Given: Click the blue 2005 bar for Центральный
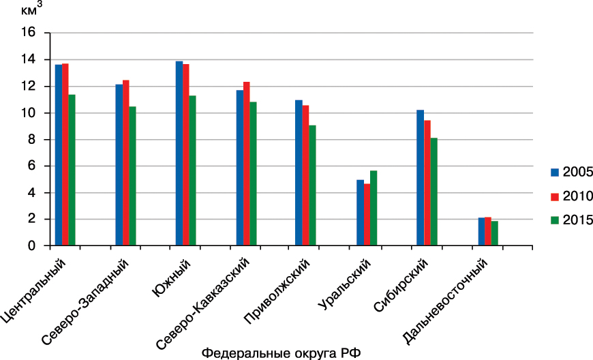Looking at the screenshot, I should pyautogui.click(x=59, y=155).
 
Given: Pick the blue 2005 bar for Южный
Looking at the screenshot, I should pyautogui.click(x=179, y=153).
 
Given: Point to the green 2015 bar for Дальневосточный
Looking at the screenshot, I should pyautogui.click(x=495, y=233).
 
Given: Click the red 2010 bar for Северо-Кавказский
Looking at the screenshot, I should pyautogui.click(x=247, y=164).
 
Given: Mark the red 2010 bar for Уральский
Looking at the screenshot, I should pyautogui.click(x=367, y=215).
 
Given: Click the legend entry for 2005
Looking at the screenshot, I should pyautogui.click(x=572, y=171).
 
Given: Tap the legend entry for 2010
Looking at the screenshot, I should pyautogui.click(x=572, y=196).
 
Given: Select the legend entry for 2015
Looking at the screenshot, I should pyautogui.click(x=572, y=220).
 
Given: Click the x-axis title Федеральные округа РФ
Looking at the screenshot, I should pyautogui.click(x=281, y=352).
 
